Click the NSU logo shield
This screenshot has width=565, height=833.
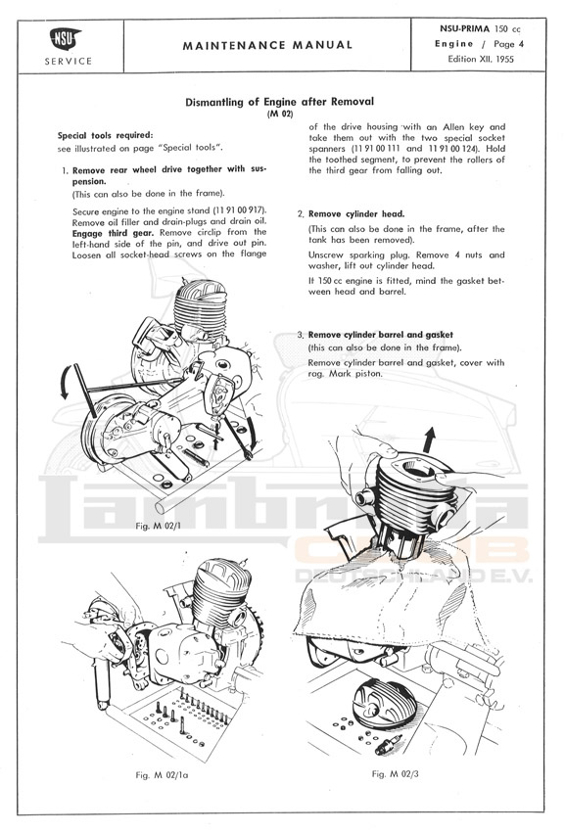click(x=65, y=38)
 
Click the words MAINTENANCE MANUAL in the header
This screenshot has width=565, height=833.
click(x=267, y=46)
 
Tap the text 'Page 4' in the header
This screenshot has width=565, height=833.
click(x=508, y=44)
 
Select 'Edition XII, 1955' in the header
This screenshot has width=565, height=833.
click(x=481, y=59)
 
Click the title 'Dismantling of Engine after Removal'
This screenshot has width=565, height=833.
click(x=280, y=102)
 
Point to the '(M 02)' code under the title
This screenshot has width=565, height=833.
click(x=280, y=114)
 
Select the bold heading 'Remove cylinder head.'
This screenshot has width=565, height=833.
click(x=356, y=214)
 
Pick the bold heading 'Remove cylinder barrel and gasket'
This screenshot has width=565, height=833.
click(x=381, y=335)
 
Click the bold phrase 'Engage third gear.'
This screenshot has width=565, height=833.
click(x=114, y=233)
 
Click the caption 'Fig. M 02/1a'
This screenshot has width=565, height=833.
click(x=162, y=775)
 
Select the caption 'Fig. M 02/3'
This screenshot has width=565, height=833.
click(x=395, y=773)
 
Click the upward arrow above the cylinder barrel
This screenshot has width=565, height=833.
click(x=429, y=440)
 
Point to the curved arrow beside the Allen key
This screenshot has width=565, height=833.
click(x=65, y=382)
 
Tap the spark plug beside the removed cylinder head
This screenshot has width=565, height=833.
click(x=387, y=743)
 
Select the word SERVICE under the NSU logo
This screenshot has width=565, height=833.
click(x=68, y=61)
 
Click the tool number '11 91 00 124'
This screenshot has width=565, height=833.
click(x=451, y=149)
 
